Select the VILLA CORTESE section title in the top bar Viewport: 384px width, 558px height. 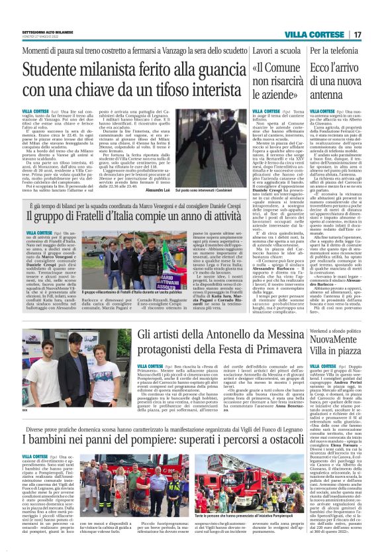[x=318, y=34]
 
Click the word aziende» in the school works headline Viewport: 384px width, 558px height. [x=260, y=95]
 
